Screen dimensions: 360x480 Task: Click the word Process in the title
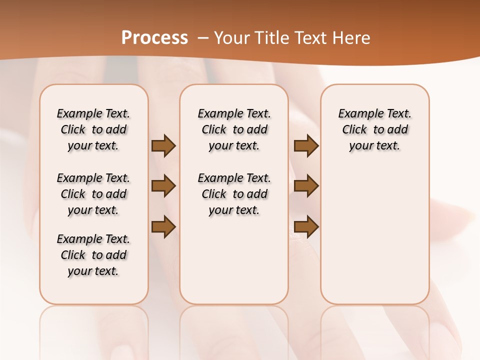coord(154,37)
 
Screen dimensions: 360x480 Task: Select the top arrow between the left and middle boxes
coord(163,145)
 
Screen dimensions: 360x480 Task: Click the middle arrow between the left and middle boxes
coord(163,186)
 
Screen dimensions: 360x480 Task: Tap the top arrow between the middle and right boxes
coord(306,145)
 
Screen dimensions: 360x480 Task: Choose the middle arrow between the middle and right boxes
coord(306,186)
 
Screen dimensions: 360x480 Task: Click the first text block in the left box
coord(93,129)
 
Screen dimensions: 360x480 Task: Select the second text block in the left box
coord(93,194)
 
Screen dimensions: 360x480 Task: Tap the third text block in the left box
coord(93,255)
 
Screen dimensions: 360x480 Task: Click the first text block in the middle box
coord(234,129)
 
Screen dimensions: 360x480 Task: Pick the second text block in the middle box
coord(234,194)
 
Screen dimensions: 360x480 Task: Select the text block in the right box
coord(374,129)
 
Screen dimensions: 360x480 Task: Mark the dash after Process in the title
coord(203,37)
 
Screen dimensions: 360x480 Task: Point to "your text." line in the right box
coord(374,146)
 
